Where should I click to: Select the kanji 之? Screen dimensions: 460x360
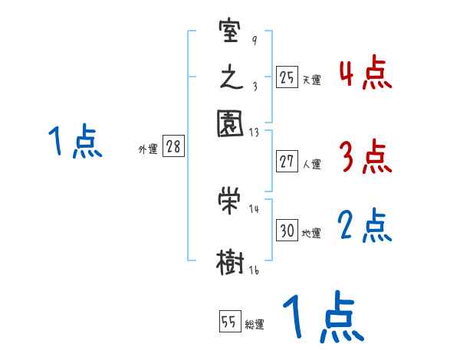point(230,78)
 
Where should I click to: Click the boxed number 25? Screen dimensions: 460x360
point(287,77)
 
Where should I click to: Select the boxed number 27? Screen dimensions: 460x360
point(287,162)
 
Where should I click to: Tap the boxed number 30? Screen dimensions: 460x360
point(287,231)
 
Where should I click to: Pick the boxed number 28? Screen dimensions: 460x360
point(173,147)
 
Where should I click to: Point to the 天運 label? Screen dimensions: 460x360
point(311,80)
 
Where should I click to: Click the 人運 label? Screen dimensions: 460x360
point(311,164)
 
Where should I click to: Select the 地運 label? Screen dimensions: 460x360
point(311,234)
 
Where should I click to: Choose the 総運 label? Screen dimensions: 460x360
point(255,325)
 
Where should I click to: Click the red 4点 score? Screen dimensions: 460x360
point(365,74)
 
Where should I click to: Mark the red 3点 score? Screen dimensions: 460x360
point(365,158)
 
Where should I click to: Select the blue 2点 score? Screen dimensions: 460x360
point(365,227)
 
